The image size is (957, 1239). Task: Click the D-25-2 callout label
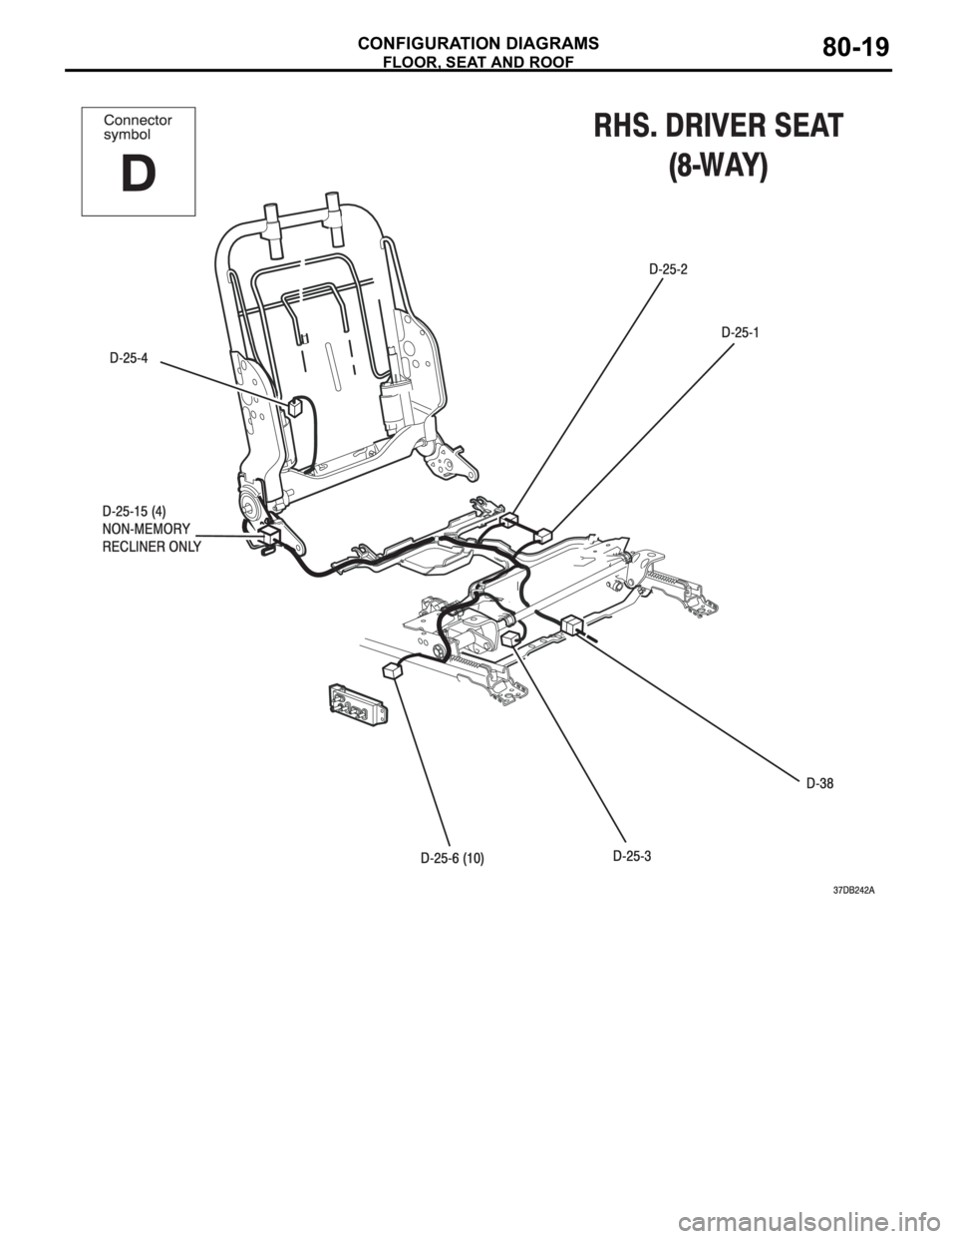click(x=668, y=269)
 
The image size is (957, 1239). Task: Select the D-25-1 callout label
click(x=740, y=332)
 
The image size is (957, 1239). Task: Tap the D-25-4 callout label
click(x=129, y=358)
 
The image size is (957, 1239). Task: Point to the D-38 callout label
click(x=819, y=784)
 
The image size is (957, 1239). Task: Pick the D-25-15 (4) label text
click(x=135, y=510)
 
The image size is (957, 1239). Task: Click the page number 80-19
click(x=855, y=48)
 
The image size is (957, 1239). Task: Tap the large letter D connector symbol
click(x=138, y=174)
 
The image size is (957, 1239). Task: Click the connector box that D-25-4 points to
click(x=296, y=408)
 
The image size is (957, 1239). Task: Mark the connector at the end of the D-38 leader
click(x=571, y=624)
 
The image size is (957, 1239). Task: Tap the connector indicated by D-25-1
click(x=543, y=535)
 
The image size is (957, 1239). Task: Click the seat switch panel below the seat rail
click(x=358, y=706)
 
